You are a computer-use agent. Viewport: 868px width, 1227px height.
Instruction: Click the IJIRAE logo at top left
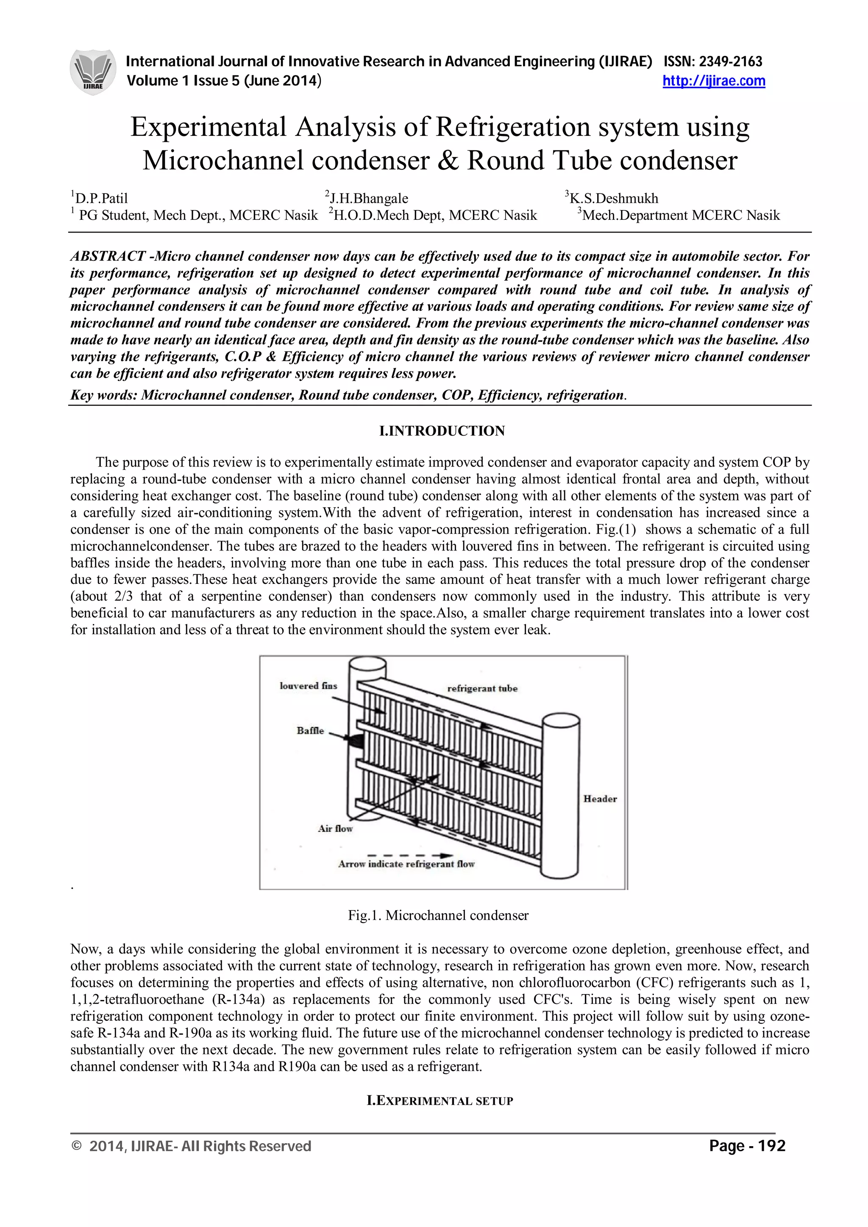[x=92, y=72]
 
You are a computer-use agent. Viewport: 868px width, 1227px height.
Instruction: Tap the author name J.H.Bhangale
[x=368, y=199]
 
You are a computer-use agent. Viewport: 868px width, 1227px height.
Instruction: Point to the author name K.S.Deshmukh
[x=613, y=199]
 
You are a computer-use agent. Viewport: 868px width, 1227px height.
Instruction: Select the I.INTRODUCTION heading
[x=442, y=431]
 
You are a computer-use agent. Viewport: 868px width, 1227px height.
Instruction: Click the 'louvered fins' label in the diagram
[x=309, y=686]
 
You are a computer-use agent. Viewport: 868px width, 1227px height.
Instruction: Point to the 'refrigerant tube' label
[x=482, y=689]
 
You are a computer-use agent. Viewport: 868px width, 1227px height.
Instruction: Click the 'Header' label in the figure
[x=600, y=799]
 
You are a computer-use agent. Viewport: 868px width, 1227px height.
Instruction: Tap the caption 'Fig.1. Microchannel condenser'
[x=438, y=915]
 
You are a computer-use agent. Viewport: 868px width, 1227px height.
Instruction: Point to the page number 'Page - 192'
[x=747, y=1146]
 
